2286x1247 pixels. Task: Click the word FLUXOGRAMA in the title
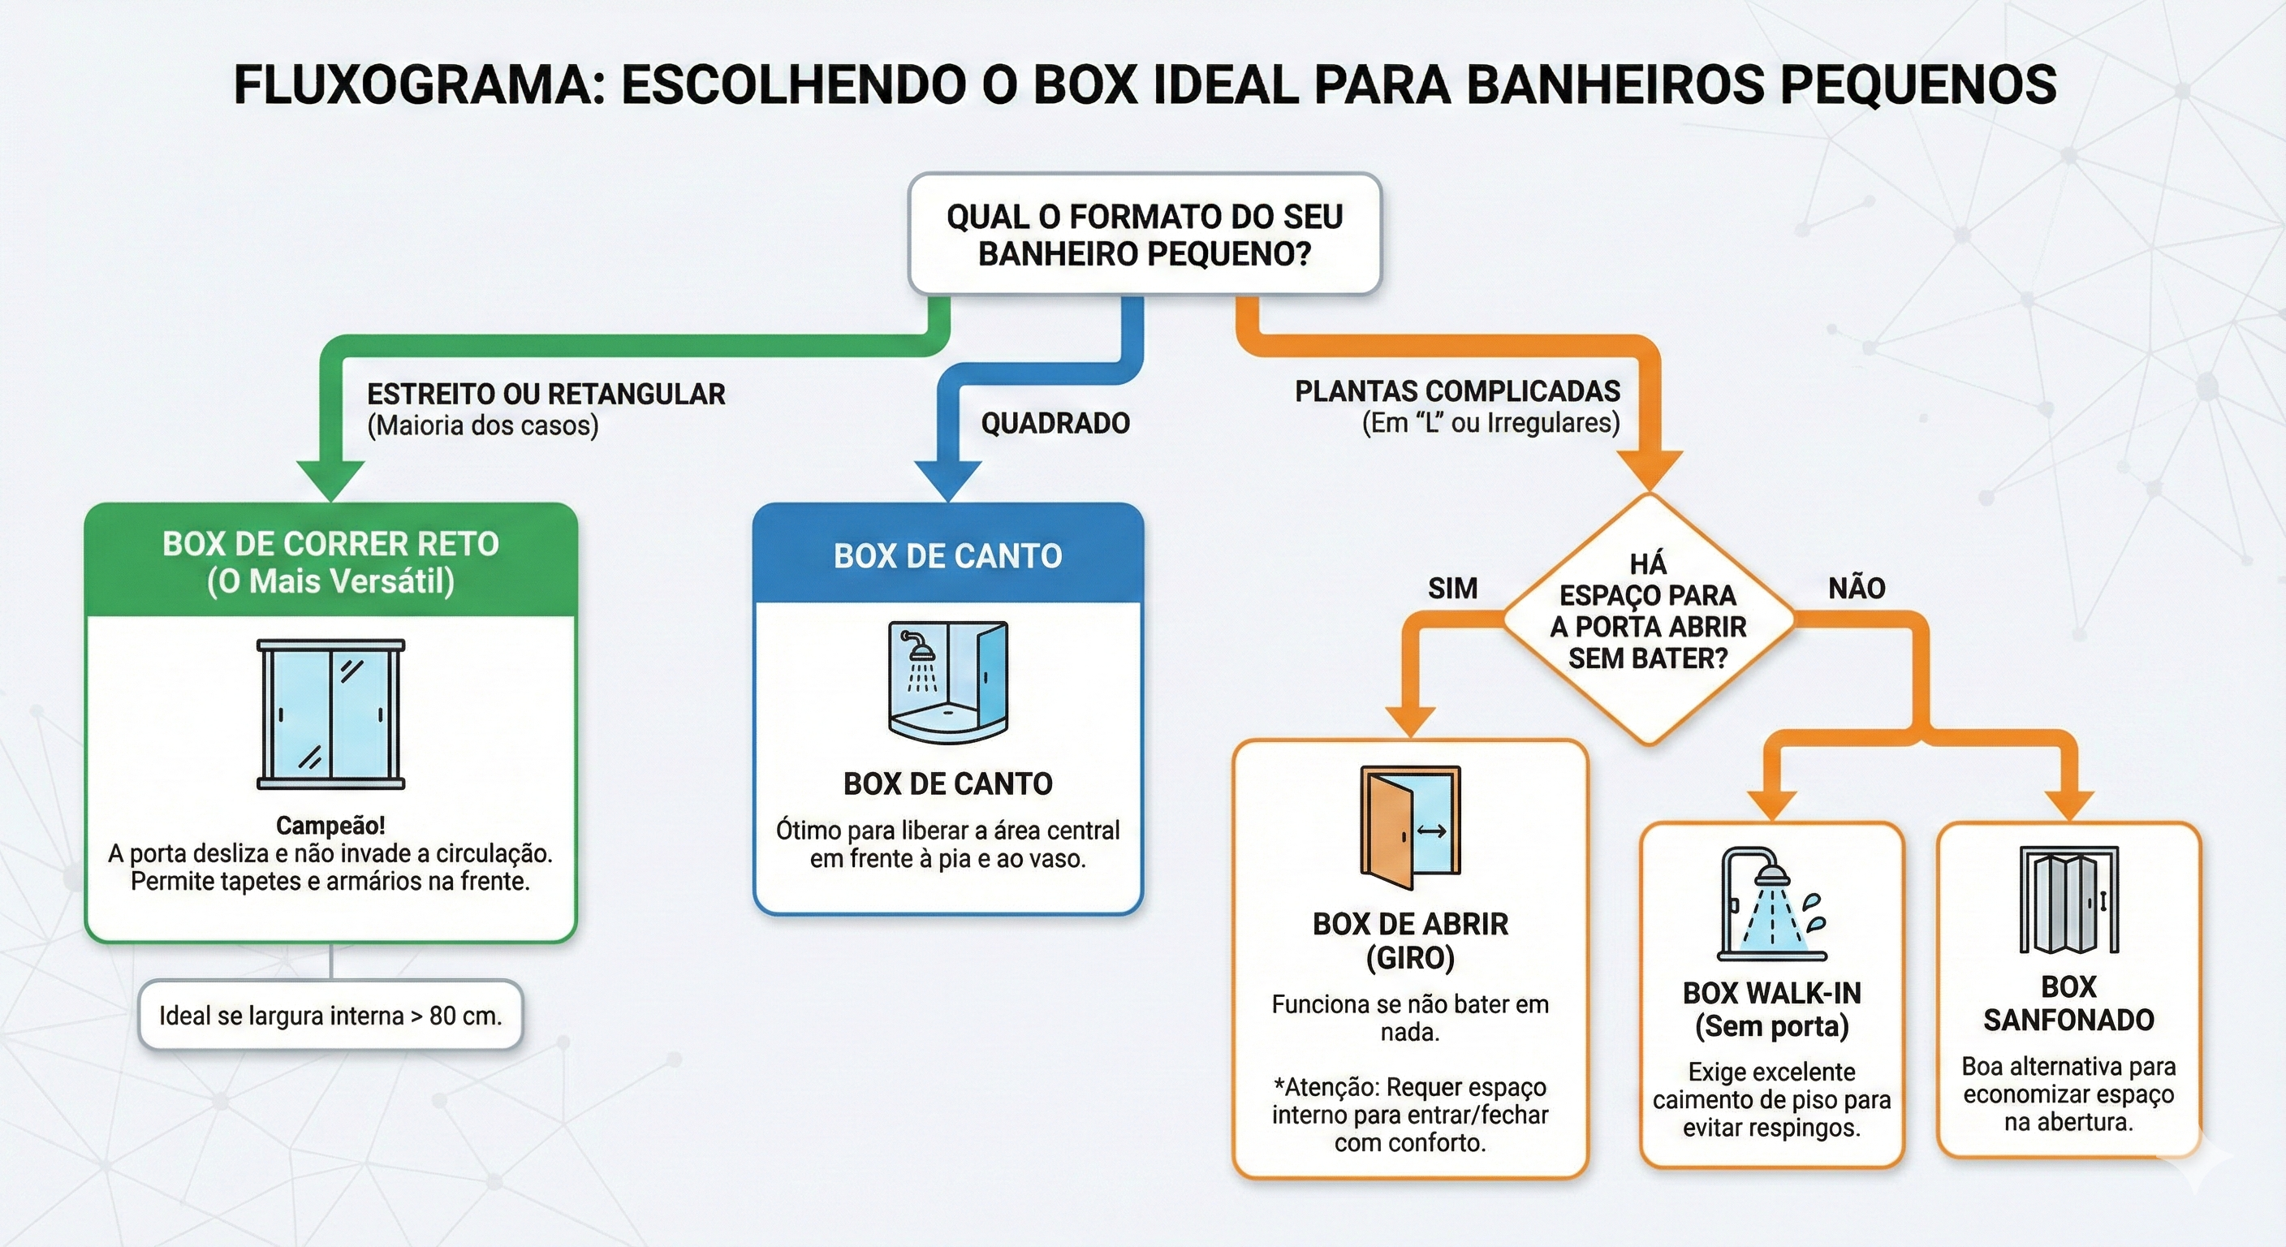coord(417,86)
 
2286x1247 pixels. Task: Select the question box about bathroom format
coord(1144,235)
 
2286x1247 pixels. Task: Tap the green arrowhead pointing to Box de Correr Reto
coord(330,480)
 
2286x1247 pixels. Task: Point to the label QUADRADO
coord(1055,423)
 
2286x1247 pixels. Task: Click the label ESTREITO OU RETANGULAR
coord(546,394)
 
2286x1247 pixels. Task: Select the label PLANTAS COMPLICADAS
coord(1457,391)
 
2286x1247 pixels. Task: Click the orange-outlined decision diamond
coord(1648,619)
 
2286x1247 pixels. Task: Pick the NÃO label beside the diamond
coord(1857,588)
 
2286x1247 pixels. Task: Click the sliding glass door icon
coord(330,714)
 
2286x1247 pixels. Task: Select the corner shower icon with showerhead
coord(948,681)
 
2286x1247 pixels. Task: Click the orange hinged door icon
coord(1409,827)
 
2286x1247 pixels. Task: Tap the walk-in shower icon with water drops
coord(1771,904)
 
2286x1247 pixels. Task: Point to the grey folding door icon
coord(2068,899)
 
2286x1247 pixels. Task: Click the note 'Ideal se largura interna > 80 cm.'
coord(330,1016)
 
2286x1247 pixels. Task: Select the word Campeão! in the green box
coord(330,826)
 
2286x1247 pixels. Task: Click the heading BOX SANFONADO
coord(2068,1003)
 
